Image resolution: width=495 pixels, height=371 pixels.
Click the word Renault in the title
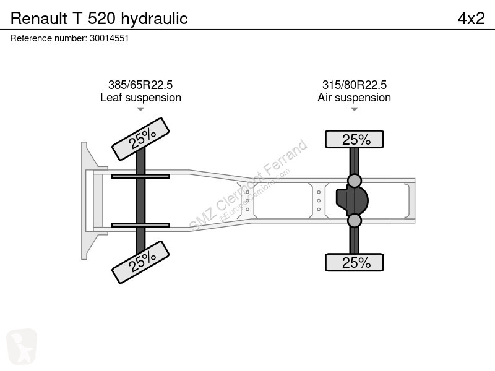pos(39,19)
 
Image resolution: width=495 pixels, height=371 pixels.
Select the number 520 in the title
pos(101,19)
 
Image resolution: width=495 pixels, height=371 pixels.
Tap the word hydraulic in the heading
pos(154,19)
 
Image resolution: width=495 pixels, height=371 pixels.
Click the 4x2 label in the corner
pos(471,19)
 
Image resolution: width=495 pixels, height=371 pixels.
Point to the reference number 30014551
pos(110,38)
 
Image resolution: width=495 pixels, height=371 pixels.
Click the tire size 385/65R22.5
pos(140,85)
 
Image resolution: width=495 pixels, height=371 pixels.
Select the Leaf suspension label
pos(141,98)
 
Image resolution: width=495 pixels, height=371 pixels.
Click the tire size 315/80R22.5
pos(354,85)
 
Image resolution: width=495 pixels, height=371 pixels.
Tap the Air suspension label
pos(354,98)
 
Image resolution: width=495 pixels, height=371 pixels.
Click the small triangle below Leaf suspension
pos(140,109)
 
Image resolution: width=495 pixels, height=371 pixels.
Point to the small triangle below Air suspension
pos(354,109)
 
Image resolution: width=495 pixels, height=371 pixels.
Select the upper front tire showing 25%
pos(141,139)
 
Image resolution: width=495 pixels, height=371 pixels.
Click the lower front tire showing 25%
pos(141,262)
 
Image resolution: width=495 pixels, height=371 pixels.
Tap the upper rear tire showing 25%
pos(354,139)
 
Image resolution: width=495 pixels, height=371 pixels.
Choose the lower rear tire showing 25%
pos(354,262)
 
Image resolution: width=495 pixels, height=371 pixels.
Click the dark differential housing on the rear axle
pos(352,200)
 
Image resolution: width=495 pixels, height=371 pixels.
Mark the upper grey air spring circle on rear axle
pos(354,181)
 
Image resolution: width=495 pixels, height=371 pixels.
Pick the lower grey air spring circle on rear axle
pos(354,221)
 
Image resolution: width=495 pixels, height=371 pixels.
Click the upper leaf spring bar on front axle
pos(140,176)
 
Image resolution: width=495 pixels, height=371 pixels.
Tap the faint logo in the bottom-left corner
pos(22,347)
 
